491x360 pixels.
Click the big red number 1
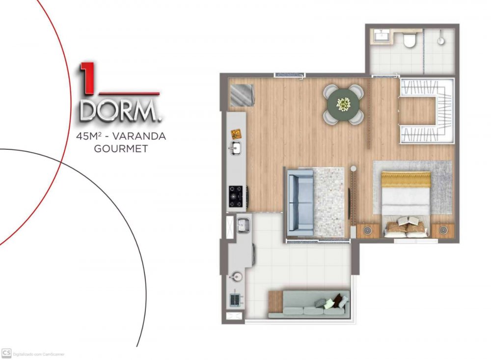(x=87, y=79)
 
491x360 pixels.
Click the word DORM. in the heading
(x=121, y=111)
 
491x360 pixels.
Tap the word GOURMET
(x=121, y=148)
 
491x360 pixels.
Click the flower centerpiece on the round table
(x=344, y=104)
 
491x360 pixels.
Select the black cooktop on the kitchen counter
(x=236, y=196)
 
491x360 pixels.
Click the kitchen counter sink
(x=235, y=147)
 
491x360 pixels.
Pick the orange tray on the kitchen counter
(x=237, y=134)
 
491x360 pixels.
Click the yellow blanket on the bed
(x=406, y=180)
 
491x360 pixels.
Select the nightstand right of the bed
(x=442, y=231)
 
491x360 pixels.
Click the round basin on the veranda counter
(x=236, y=276)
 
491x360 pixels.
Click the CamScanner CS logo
(x=6, y=353)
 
